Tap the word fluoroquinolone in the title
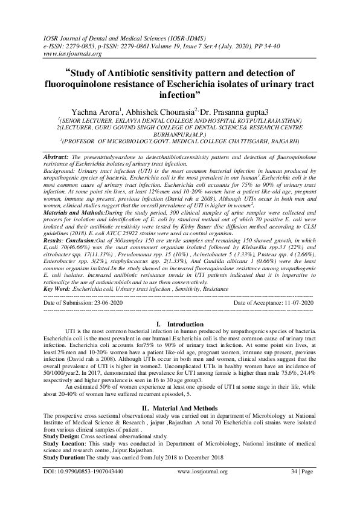[x=92, y=85]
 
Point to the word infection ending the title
[x=180, y=96]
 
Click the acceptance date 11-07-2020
[x=295, y=302]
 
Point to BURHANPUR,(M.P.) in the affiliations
[x=179, y=136]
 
